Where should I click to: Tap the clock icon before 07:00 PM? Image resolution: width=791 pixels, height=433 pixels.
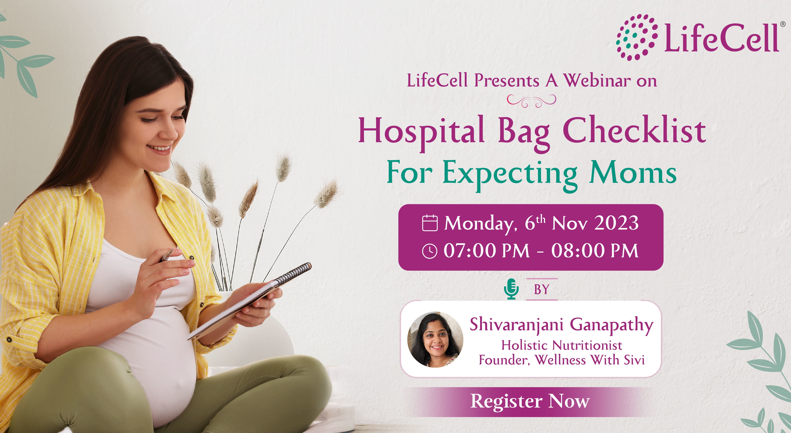pyautogui.click(x=430, y=251)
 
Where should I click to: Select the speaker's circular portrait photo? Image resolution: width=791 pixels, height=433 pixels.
pyautogui.click(x=435, y=340)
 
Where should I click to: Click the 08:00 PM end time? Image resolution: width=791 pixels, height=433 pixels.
pyautogui.click(x=595, y=251)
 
